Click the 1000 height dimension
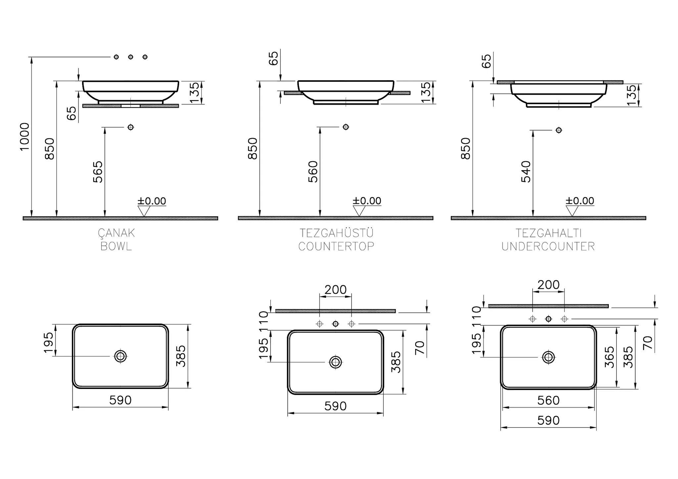(x=24, y=136)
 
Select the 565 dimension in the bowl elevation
(x=98, y=172)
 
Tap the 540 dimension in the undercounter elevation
(x=526, y=172)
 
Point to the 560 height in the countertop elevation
(x=313, y=172)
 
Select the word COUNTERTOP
(x=336, y=246)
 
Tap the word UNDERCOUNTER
(x=548, y=246)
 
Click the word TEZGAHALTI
(x=549, y=233)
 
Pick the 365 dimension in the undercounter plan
(x=609, y=357)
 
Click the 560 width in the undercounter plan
(x=549, y=400)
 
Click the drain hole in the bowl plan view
(x=121, y=356)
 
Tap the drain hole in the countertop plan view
(x=336, y=362)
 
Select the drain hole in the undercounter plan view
(x=549, y=357)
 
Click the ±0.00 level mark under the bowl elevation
(x=152, y=201)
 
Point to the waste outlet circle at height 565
(x=131, y=127)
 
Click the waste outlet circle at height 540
(x=559, y=130)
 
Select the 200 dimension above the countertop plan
(x=335, y=290)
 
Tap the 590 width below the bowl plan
(x=121, y=400)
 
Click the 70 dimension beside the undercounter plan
(x=648, y=343)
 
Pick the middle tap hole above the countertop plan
(x=336, y=324)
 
